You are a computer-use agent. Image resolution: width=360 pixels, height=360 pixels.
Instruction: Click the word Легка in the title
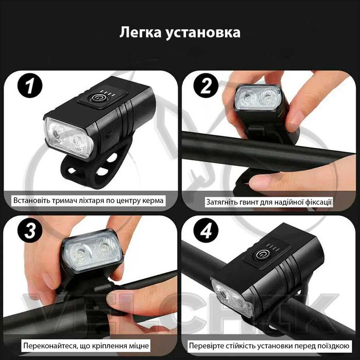[x=140, y=33]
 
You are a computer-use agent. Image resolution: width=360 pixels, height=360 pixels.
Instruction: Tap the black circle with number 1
[x=30, y=87]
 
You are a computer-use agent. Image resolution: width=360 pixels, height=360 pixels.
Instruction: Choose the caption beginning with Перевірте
[x=268, y=345]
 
